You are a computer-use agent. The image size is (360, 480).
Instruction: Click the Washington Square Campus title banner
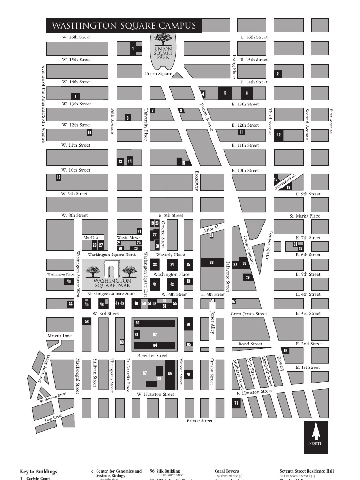(x=124, y=25)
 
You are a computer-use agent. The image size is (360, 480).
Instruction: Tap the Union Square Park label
(x=163, y=53)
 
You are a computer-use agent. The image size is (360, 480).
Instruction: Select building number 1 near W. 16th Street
(x=133, y=48)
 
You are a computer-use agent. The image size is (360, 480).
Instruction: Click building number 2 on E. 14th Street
(x=278, y=74)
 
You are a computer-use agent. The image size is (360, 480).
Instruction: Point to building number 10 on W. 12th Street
(x=89, y=133)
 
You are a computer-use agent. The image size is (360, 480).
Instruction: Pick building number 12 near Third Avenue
(x=279, y=135)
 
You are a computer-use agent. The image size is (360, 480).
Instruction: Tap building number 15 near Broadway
(x=183, y=163)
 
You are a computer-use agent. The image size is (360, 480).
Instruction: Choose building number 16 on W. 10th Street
(x=59, y=177)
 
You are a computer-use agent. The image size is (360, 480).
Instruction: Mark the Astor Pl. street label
(x=211, y=229)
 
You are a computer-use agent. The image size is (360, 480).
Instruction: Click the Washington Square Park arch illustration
(x=112, y=271)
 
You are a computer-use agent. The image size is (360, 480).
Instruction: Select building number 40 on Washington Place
(x=69, y=282)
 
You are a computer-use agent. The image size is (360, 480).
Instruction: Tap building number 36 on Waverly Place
(x=211, y=263)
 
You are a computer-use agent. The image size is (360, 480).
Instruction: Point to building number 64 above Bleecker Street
(x=155, y=345)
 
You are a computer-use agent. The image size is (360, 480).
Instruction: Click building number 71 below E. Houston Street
(x=236, y=403)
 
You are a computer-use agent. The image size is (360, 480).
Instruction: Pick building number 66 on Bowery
(x=285, y=351)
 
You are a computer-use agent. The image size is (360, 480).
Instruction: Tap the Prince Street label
(x=200, y=421)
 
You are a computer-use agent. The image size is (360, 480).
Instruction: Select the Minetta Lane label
(x=60, y=336)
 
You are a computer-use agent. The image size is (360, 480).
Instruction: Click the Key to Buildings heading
(x=38, y=472)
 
